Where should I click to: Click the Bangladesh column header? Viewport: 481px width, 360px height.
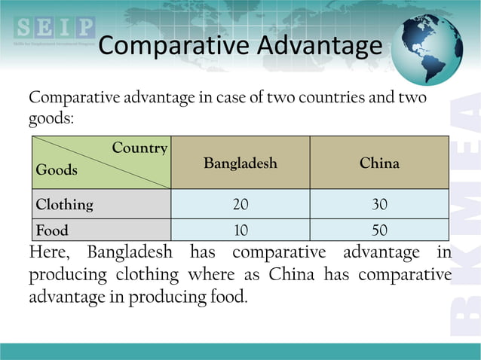(240, 163)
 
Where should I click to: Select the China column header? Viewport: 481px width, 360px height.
(379, 163)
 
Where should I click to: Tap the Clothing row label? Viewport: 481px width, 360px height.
(65, 204)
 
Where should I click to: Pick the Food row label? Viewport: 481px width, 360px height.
(52, 230)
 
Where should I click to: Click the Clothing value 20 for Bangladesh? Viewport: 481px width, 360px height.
(240, 204)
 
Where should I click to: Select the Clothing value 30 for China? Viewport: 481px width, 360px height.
(379, 204)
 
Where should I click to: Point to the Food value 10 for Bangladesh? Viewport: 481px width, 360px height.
(240, 230)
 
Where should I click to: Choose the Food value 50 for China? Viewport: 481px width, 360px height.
(379, 230)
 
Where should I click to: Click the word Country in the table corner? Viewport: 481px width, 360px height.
(139, 148)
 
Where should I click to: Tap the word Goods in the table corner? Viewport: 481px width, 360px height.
(57, 170)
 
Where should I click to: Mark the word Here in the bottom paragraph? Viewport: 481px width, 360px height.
(50, 252)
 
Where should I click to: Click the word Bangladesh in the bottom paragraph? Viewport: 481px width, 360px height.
(130, 252)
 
